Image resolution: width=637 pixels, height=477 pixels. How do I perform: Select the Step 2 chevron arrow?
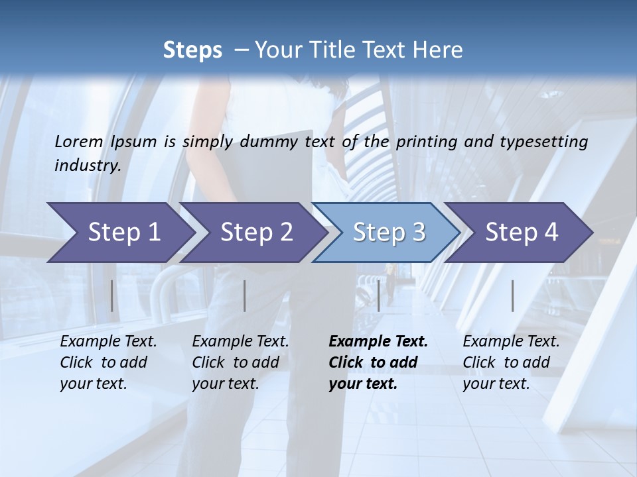click(x=256, y=233)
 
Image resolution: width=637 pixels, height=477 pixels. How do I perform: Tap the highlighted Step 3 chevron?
click(x=389, y=233)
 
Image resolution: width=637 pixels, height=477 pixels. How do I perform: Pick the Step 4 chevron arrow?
click(x=522, y=233)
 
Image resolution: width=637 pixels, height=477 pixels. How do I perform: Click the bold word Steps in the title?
click(x=192, y=50)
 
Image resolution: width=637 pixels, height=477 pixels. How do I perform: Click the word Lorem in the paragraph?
click(x=79, y=141)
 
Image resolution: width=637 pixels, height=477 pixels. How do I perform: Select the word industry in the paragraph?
click(x=87, y=165)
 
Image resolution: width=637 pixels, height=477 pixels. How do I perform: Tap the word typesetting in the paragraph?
click(x=548, y=141)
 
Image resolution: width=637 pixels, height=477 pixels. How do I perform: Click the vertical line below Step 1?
click(x=111, y=295)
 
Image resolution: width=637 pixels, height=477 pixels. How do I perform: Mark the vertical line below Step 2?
click(x=245, y=295)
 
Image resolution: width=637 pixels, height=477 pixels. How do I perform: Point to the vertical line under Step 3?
click(x=378, y=295)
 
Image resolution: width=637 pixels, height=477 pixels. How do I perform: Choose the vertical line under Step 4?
click(x=512, y=295)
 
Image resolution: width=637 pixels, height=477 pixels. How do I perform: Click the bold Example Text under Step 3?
click(x=378, y=342)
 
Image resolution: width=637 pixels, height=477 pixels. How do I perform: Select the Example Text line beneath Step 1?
click(x=108, y=342)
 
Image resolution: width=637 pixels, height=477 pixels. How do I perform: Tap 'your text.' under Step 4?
click(x=496, y=384)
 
